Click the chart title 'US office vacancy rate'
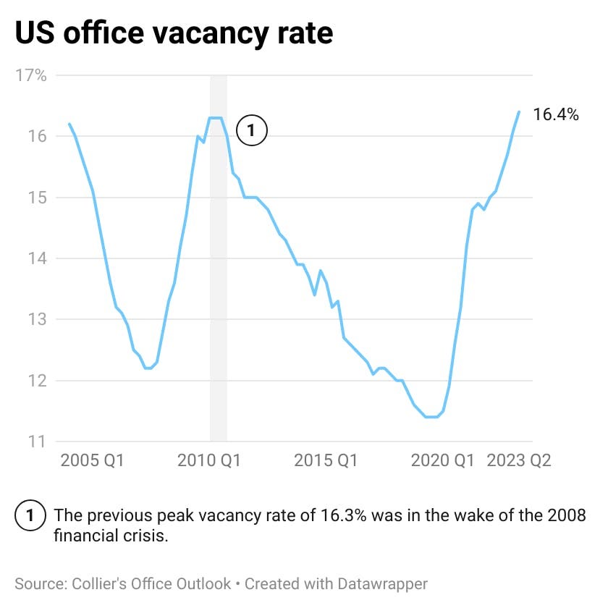coord(174,33)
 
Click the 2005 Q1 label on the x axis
coord(92,461)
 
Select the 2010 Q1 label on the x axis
coord(208,461)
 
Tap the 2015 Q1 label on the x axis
coord(326,461)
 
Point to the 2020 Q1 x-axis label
coord(442,461)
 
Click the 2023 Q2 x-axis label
coord(518,461)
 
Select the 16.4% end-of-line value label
coord(556,114)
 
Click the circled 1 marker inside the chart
coord(252,131)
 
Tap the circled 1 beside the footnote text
coord(30,516)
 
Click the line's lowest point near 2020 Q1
coord(431,417)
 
